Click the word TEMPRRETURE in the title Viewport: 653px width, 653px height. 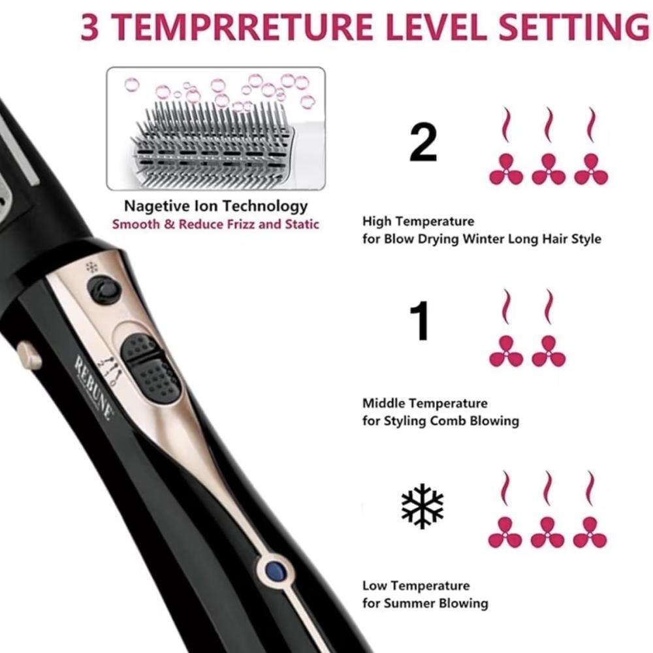pos(242,27)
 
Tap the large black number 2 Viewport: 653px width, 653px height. pos(423,142)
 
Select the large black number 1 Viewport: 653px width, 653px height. pos(420,321)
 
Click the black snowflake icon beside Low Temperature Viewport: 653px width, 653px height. pos(422,505)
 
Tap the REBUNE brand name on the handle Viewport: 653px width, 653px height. pos(94,387)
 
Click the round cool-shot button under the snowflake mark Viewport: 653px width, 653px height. pos(104,289)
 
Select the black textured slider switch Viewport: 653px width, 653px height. pos(150,368)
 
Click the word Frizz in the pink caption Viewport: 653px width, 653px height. pos(241,225)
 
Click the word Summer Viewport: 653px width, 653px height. pos(410,603)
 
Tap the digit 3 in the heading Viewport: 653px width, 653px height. pos(89,27)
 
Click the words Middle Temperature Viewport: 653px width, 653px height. pos(425,403)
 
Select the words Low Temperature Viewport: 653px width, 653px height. pos(416,586)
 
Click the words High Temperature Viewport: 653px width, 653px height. pos(418,221)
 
